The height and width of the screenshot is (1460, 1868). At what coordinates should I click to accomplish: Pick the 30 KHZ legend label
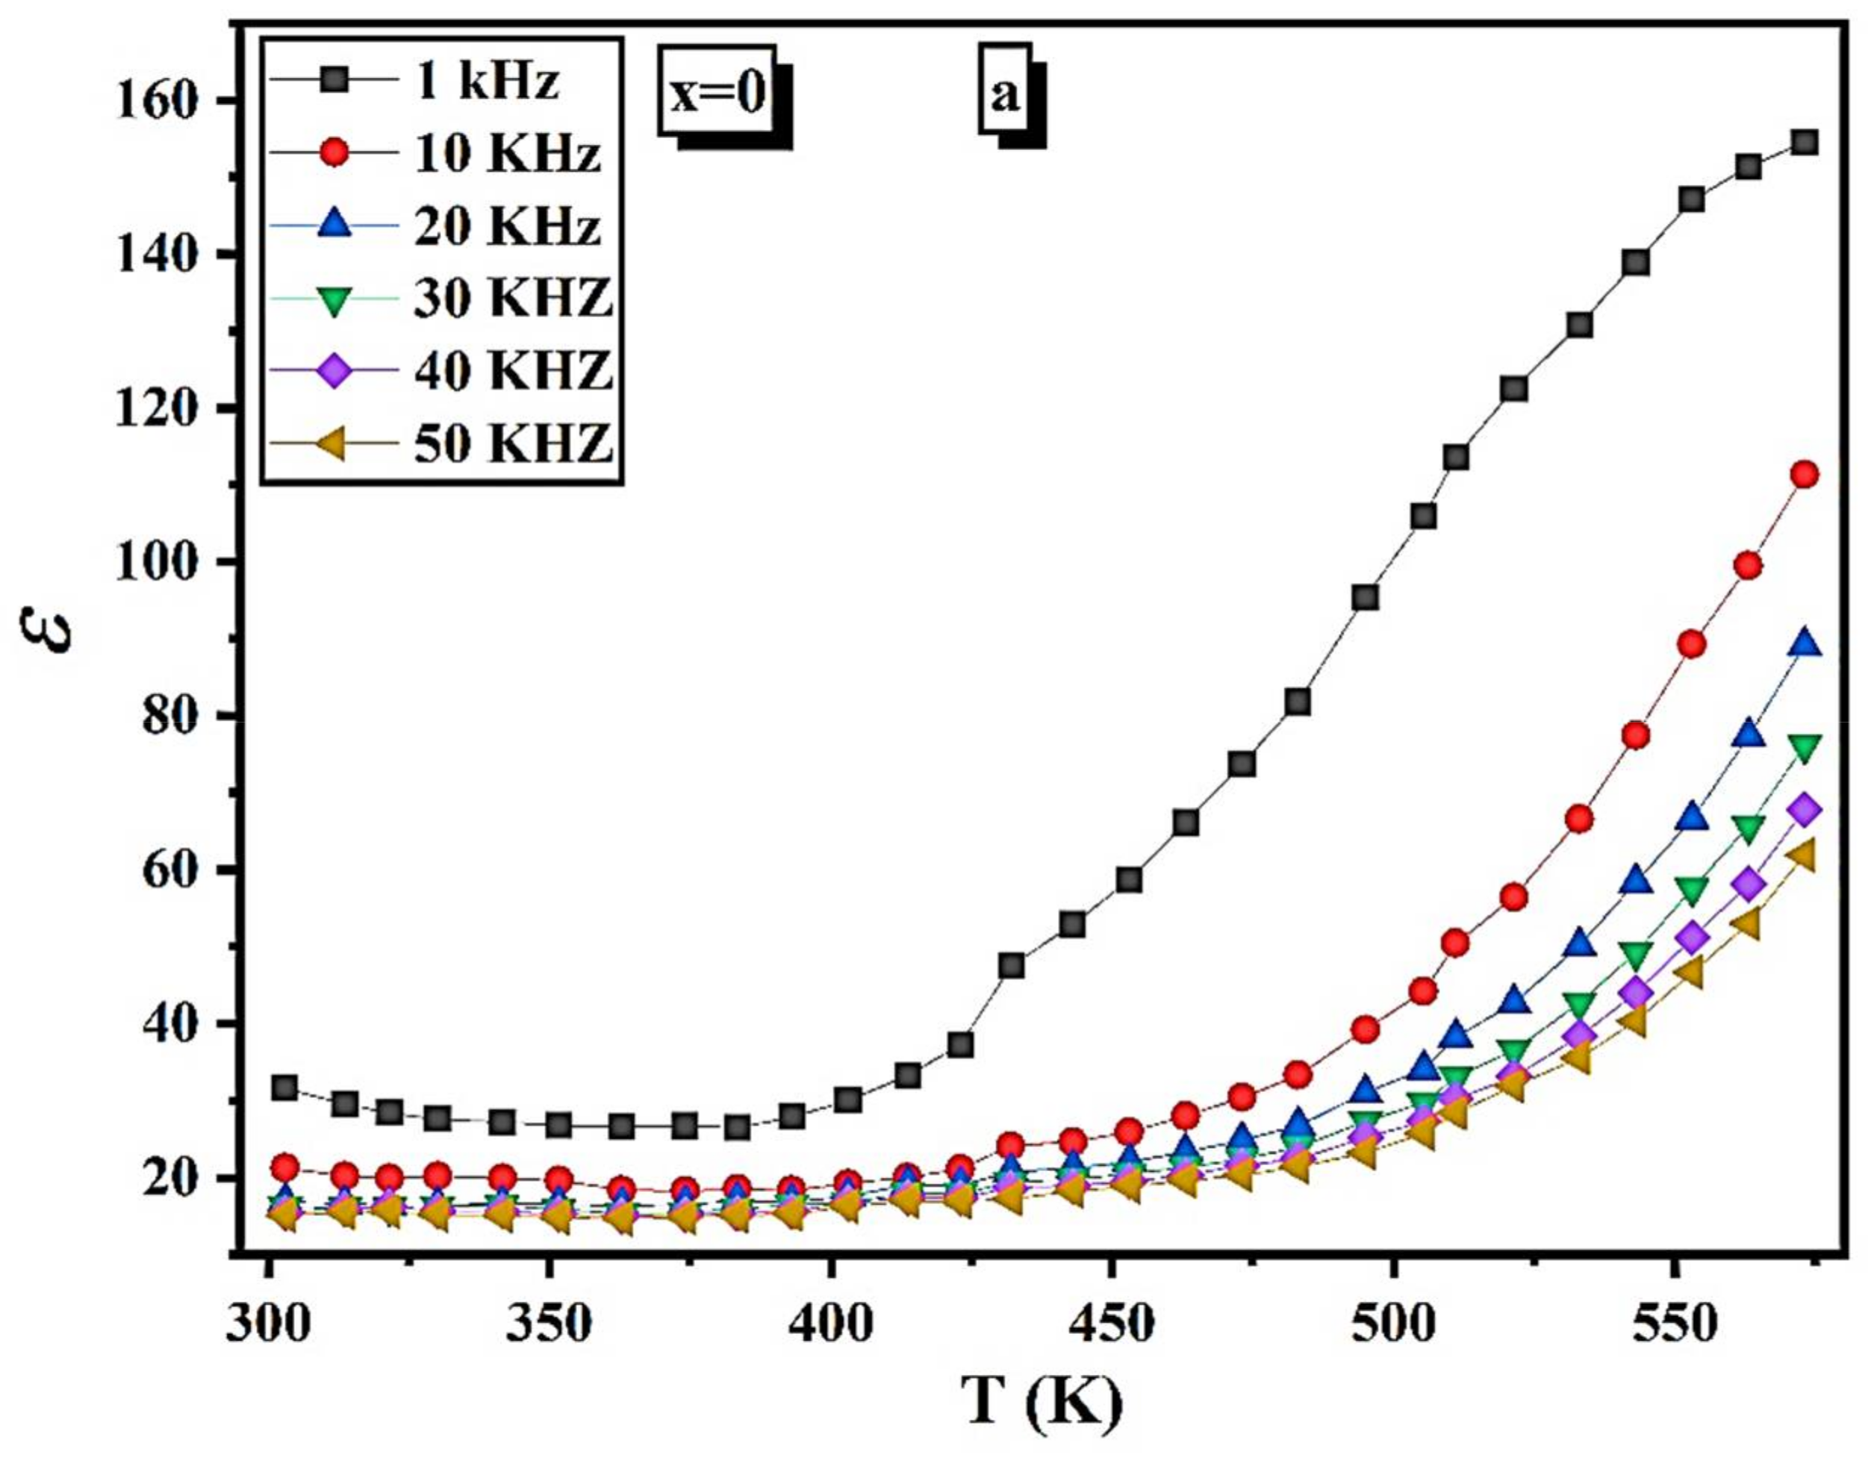pyautogui.click(x=513, y=299)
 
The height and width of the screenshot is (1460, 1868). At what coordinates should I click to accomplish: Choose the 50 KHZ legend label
pyautogui.click(x=513, y=445)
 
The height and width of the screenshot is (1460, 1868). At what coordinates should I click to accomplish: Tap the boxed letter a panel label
pyautogui.click(x=1005, y=95)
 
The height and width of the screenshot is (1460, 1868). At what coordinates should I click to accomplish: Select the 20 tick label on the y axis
pyautogui.click(x=175, y=1179)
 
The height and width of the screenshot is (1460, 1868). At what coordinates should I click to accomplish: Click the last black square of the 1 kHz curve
pyautogui.click(x=1804, y=142)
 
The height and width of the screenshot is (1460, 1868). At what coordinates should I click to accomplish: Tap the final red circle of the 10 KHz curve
pyautogui.click(x=1804, y=475)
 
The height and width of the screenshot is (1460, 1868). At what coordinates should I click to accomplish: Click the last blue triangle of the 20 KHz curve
pyautogui.click(x=1804, y=644)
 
